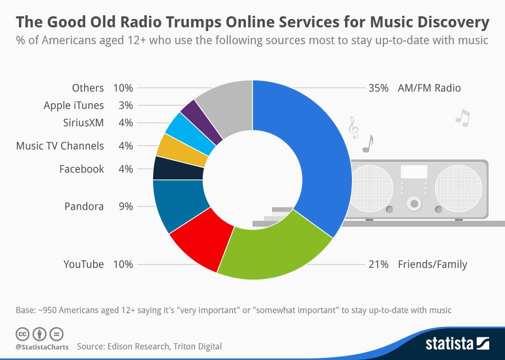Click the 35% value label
point(379,88)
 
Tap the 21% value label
point(379,264)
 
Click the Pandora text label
point(84,206)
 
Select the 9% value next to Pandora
point(125,206)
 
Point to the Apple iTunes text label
point(74,105)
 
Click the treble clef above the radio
point(353,128)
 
